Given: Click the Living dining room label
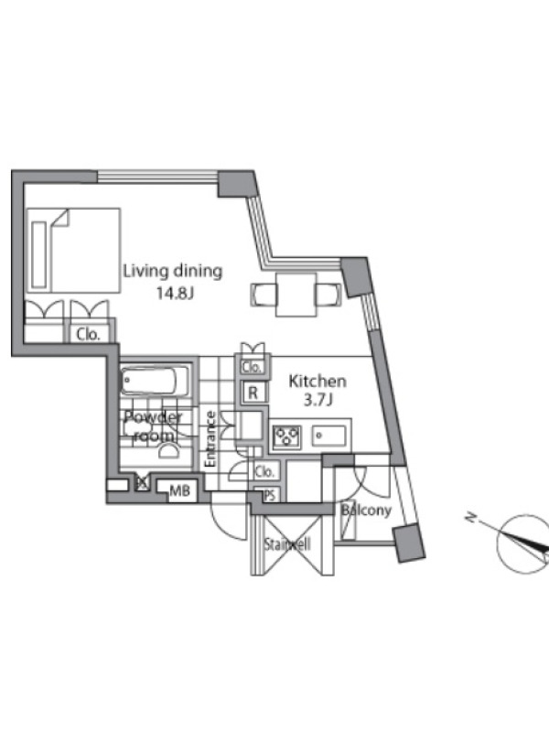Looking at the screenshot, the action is pyautogui.click(x=173, y=272).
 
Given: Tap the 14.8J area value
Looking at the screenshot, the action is pyautogui.click(x=175, y=294).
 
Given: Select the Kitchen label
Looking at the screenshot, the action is pyautogui.click(x=318, y=382).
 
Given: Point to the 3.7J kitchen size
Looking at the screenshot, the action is pyautogui.click(x=318, y=400).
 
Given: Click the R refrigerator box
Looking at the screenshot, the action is pyautogui.click(x=253, y=393).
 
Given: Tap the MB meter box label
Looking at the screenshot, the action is pyautogui.click(x=179, y=490).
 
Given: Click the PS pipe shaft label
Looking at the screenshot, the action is pyautogui.click(x=269, y=495).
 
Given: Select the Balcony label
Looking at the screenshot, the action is pyautogui.click(x=366, y=511).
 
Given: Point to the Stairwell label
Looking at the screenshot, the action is pyautogui.click(x=287, y=544).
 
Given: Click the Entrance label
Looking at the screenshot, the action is pyautogui.click(x=210, y=439).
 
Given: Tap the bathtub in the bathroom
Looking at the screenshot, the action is pyautogui.click(x=156, y=381).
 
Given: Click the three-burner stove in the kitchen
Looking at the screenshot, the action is pyautogui.click(x=286, y=437).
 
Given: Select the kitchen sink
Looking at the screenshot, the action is pyautogui.click(x=329, y=436).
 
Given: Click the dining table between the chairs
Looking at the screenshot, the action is pyautogui.click(x=296, y=295).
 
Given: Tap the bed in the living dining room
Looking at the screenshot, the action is pyautogui.click(x=73, y=251).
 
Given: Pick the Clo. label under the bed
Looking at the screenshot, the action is pyautogui.click(x=88, y=334).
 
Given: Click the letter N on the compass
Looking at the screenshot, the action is pyautogui.click(x=470, y=517).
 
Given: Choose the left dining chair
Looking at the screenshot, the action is pyautogui.click(x=263, y=295).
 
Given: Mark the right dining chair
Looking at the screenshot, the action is pyautogui.click(x=328, y=295).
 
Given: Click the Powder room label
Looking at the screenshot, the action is pyautogui.click(x=153, y=426).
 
